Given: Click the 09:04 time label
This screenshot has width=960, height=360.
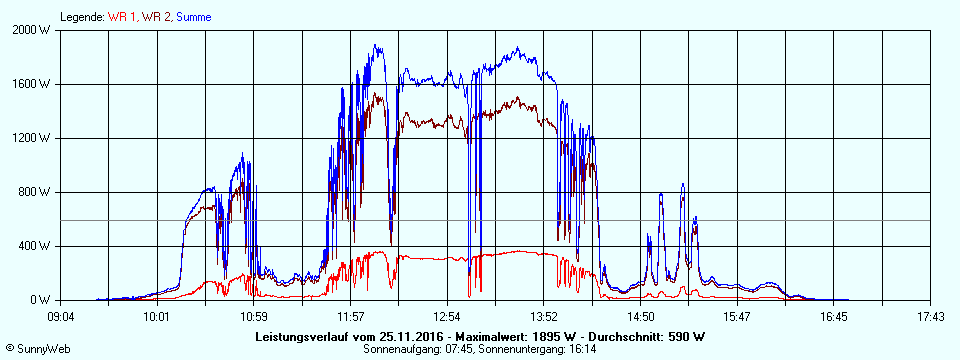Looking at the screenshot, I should point(61,317).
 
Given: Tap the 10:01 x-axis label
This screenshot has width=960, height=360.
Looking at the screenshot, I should point(158,317).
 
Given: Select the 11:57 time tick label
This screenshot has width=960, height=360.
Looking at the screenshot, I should point(351,317).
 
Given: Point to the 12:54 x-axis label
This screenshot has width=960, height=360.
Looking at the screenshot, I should point(447,317).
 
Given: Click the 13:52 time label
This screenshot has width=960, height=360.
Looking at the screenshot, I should point(544,317).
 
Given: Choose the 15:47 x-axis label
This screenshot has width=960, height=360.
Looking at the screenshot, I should point(737,317).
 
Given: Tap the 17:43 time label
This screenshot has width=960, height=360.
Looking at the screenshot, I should point(930,317).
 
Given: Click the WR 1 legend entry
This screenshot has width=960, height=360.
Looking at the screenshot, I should point(123,17).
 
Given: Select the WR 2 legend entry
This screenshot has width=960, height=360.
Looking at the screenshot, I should point(155,17).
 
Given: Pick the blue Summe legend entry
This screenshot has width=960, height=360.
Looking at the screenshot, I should point(193,17).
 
